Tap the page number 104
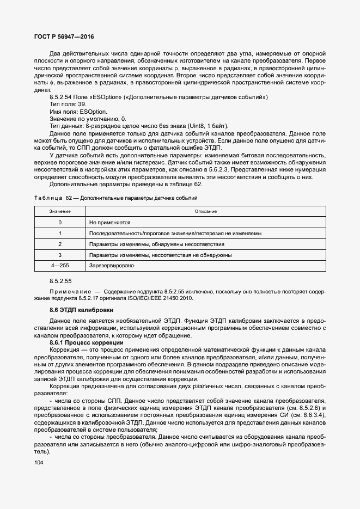[39, 462]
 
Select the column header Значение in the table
[59, 211]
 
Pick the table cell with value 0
[59, 222]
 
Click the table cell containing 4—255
[59, 265]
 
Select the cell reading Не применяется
[109, 222]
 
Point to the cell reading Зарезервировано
[112, 265]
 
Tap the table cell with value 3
[59, 255]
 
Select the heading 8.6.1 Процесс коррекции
[87, 342]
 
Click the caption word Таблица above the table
[48, 198]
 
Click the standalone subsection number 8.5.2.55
[61, 280]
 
